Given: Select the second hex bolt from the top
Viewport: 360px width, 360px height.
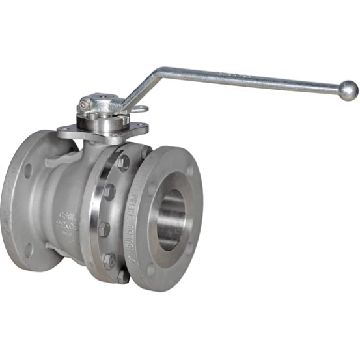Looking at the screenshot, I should (x=110, y=191).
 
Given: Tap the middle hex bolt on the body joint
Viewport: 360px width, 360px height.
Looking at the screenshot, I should (x=104, y=228).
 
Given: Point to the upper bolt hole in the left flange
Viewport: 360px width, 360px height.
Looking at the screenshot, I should (x=27, y=171).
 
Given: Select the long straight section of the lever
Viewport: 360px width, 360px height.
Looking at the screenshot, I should (x=254, y=80).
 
